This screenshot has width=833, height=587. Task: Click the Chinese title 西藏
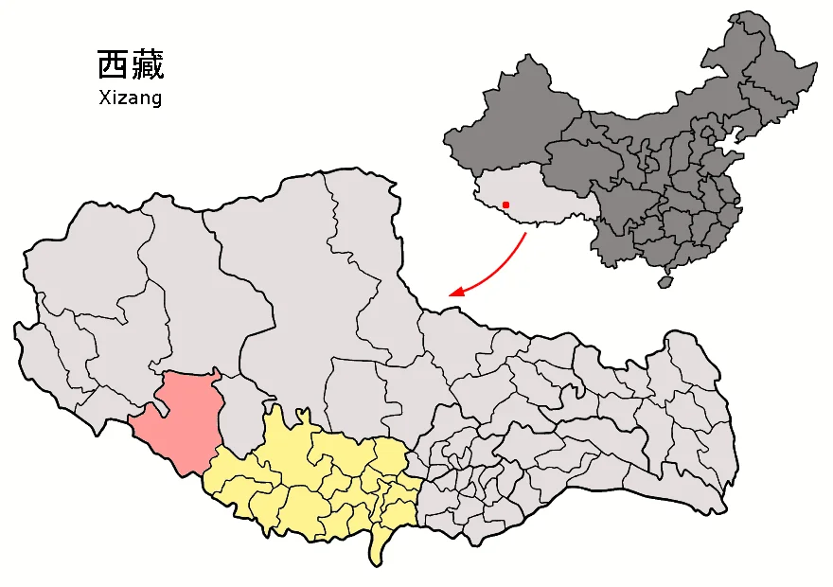pos(131,64)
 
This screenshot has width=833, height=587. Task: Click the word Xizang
pos(131,98)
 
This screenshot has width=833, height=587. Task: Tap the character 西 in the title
pos(113,64)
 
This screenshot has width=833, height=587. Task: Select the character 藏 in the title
pos(148,64)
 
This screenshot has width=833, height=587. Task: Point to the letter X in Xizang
pos(104,98)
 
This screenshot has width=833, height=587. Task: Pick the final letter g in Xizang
pos(156,99)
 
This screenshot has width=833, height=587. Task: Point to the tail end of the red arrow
pos(524,234)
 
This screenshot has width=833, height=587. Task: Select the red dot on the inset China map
pos(506,205)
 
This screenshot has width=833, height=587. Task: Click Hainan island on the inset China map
pos(666,280)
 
